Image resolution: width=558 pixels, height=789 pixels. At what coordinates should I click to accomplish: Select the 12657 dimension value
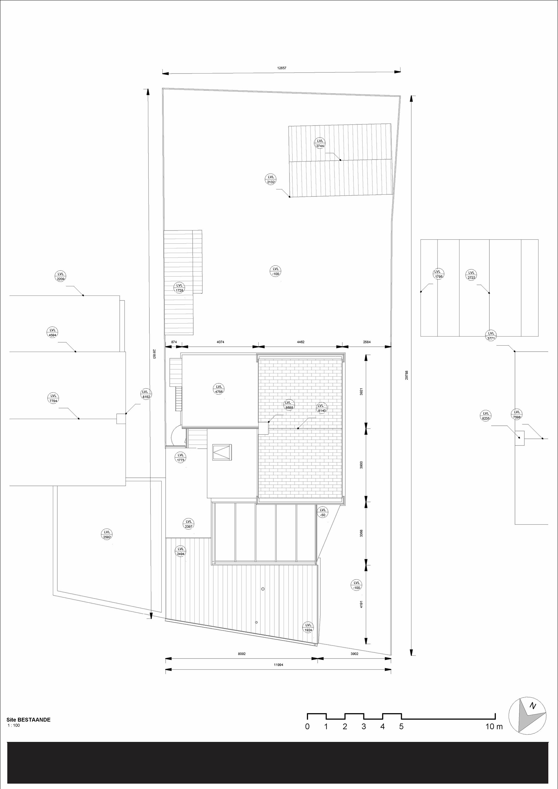point(282,68)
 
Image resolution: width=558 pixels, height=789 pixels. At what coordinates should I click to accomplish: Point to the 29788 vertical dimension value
point(407,375)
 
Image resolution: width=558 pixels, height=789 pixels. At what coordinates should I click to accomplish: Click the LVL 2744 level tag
point(320,143)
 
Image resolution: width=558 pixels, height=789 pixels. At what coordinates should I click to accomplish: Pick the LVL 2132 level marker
point(271,179)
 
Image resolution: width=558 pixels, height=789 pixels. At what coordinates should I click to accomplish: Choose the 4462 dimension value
point(300,342)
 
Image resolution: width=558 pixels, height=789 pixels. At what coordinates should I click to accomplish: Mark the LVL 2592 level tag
point(107,534)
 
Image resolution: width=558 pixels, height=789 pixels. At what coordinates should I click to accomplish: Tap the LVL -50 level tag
point(322,512)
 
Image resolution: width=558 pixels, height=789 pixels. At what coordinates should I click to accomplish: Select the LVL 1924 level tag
point(308,627)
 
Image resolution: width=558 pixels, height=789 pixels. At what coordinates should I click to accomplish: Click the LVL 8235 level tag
point(486,416)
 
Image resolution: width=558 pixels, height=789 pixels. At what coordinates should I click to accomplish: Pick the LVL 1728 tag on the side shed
point(179,288)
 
